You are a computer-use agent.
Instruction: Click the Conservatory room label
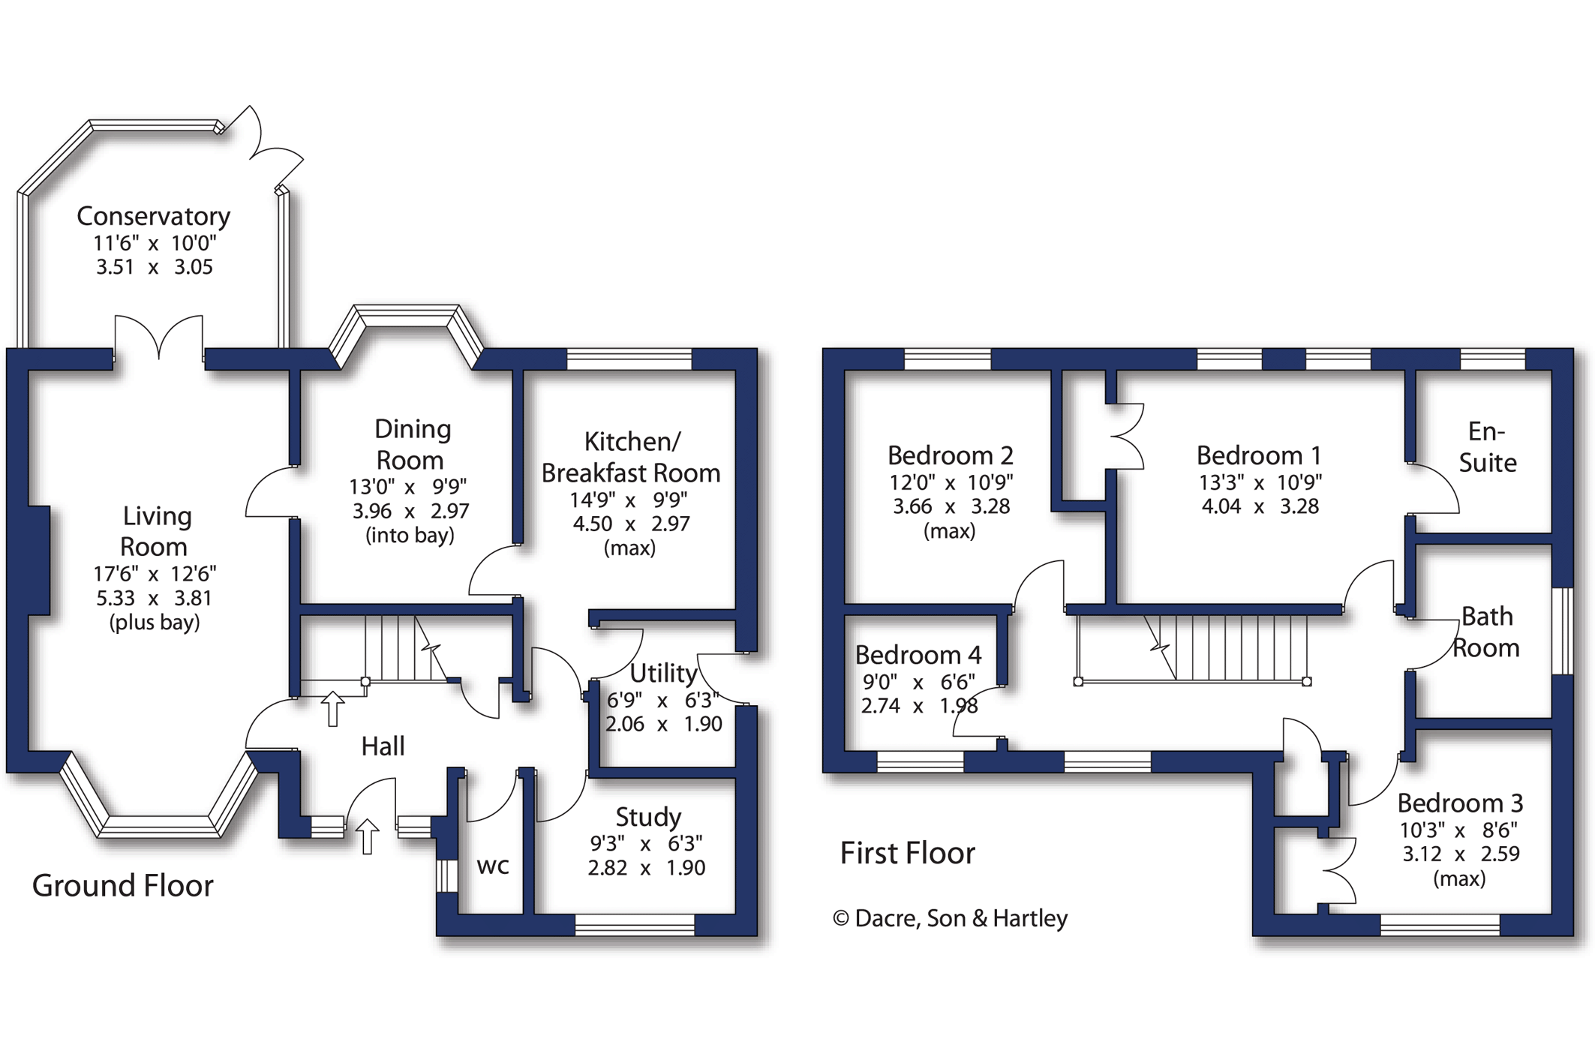coord(153,216)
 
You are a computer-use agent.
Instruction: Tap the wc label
coord(493,866)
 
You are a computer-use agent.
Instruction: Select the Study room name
coord(648,817)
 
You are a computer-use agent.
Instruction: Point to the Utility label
coord(663,673)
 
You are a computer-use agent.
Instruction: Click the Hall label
coord(383,746)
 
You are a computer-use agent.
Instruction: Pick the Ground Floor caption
coord(123,886)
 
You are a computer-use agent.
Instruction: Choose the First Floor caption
coord(907,853)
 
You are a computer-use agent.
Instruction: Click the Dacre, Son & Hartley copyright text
coord(950,918)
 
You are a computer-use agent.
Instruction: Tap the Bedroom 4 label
coord(918,655)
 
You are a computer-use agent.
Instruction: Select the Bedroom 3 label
coord(1460,803)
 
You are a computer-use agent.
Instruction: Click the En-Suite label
coord(1487,447)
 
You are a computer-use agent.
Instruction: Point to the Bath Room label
coord(1486,632)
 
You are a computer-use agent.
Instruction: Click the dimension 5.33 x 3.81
coord(154,599)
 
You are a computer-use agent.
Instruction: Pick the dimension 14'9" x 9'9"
coord(629,500)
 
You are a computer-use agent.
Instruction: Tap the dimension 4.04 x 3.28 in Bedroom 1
coord(1260,506)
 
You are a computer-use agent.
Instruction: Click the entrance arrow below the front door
coord(367,836)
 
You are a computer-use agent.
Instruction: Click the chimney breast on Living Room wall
coord(39,560)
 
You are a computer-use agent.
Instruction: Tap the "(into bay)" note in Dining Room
coord(410,536)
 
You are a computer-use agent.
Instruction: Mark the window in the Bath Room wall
coord(1562,631)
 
